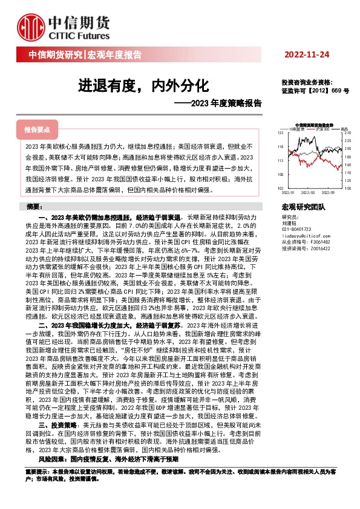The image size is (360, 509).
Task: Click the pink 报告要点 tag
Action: click(x=37, y=129)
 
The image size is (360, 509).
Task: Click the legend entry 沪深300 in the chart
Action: click(x=321, y=129)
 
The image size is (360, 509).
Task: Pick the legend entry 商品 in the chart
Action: click(x=343, y=129)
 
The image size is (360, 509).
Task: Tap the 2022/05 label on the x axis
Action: click(x=308, y=192)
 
